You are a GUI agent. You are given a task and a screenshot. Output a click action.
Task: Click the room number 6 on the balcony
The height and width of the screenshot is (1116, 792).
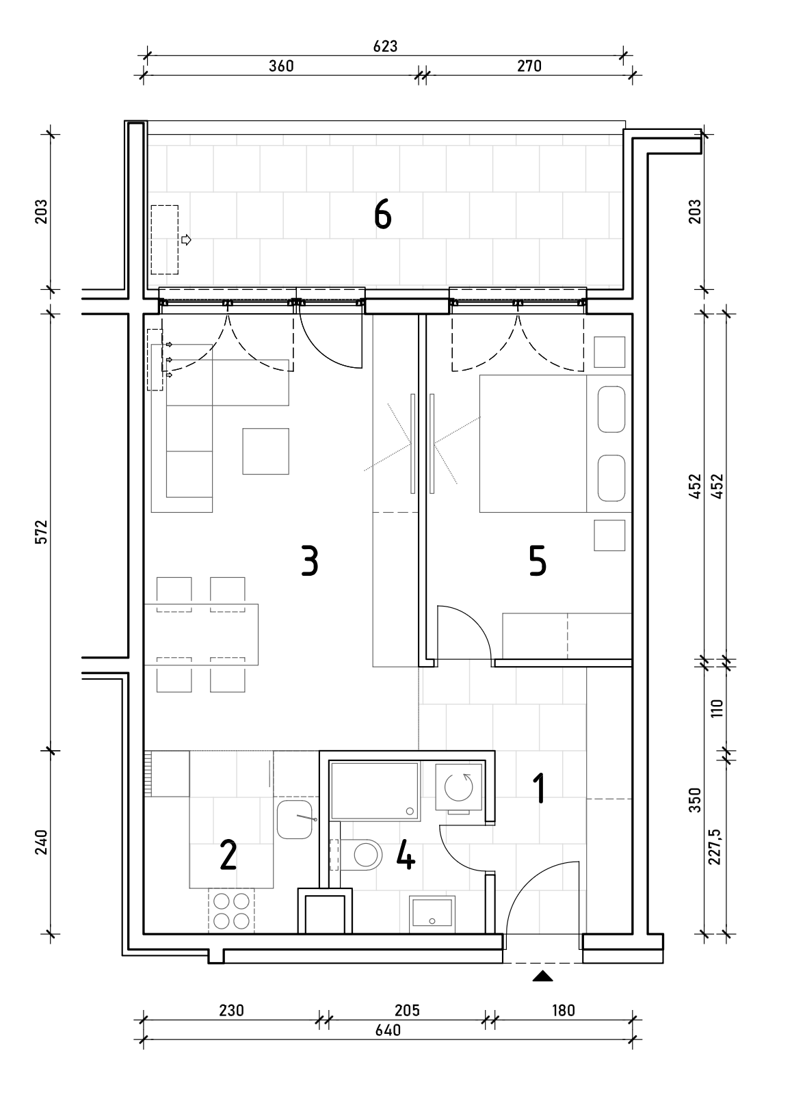click(383, 215)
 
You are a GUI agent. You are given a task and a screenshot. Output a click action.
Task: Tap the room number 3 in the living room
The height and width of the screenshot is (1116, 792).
click(310, 561)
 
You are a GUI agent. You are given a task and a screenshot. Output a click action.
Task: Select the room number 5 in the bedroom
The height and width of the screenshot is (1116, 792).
click(538, 561)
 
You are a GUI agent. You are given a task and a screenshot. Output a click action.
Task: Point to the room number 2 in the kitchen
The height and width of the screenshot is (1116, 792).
click(228, 855)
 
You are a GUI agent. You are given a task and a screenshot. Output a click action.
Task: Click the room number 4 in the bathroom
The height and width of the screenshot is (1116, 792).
click(406, 855)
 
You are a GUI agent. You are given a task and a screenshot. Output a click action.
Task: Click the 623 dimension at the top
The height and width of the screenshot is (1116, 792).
click(385, 46)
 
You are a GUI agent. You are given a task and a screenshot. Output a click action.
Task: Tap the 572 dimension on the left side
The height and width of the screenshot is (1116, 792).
click(41, 531)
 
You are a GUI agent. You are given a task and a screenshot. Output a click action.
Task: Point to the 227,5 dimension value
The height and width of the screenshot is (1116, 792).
click(715, 847)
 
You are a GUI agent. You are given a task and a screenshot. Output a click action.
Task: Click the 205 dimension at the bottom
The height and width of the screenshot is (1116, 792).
click(407, 1011)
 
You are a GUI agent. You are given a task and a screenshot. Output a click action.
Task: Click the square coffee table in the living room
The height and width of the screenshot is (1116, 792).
click(265, 451)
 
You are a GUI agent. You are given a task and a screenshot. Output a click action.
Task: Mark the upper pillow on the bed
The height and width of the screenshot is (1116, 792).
click(611, 410)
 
